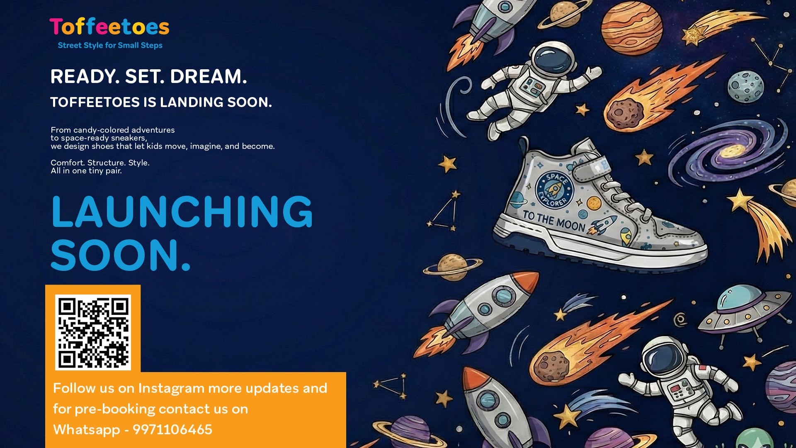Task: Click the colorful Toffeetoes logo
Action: point(109,27)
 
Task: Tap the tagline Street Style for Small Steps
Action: point(110,45)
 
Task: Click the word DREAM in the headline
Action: point(209,77)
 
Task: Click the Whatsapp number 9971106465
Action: point(172,429)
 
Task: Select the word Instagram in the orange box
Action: point(171,389)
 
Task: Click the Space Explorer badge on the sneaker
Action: point(554,190)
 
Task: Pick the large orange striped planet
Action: point(631,28)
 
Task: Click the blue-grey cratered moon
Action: point(745,87)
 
